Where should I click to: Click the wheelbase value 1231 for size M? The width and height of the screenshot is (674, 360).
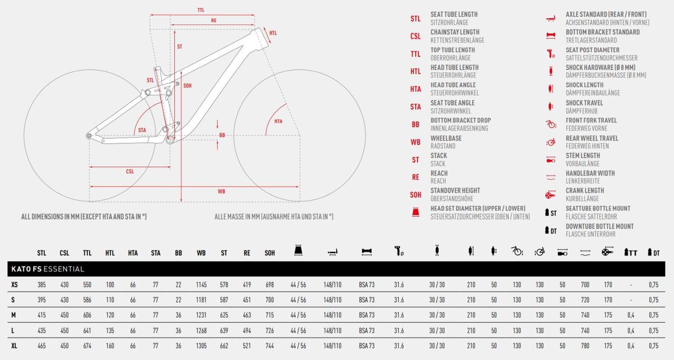coord(201,315)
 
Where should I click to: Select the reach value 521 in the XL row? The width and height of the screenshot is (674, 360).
coord(246,346)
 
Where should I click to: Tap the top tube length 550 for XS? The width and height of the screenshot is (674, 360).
coord(87,285)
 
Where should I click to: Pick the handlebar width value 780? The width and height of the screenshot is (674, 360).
coord(585,346)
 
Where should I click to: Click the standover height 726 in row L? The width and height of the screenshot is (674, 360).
coord(270,331)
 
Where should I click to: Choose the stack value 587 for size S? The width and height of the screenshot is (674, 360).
coord(224,300)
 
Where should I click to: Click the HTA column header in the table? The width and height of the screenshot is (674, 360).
coord(133,253)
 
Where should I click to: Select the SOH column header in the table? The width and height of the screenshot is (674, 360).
coord(270,253)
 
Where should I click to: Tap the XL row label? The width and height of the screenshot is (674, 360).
coord(14,346)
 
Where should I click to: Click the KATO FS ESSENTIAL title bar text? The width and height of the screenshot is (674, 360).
coord(48,269)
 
